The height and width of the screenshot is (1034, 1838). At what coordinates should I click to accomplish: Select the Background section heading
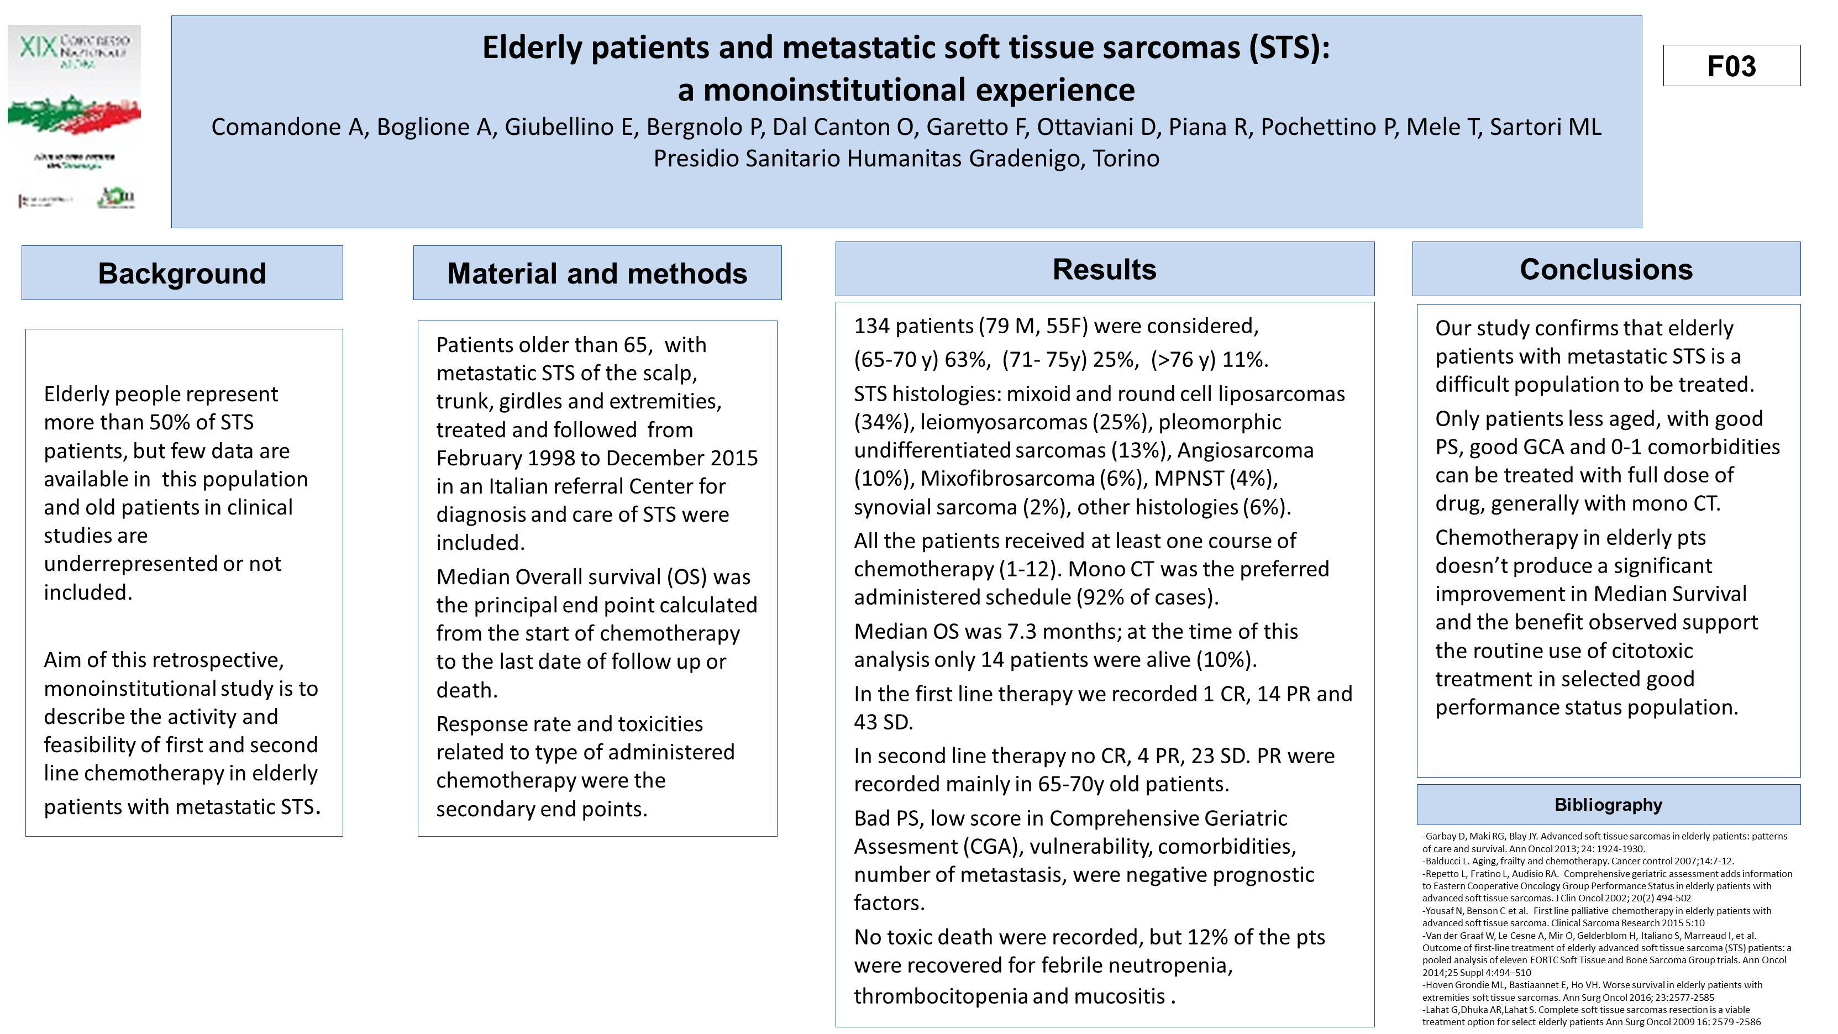click(x=182, y=274)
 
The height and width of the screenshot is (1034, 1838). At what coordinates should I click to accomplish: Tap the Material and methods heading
click(x=597, y=274)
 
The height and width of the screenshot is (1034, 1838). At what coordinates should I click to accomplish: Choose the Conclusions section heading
click(x=1605, y=269)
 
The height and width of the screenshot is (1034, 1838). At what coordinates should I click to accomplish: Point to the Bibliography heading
click(x=1608, y=805)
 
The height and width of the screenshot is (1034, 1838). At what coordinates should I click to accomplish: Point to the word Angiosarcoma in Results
click(x=1245, y=450)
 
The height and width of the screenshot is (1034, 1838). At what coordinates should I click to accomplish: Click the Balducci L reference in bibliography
click(x=1448, y=862)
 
